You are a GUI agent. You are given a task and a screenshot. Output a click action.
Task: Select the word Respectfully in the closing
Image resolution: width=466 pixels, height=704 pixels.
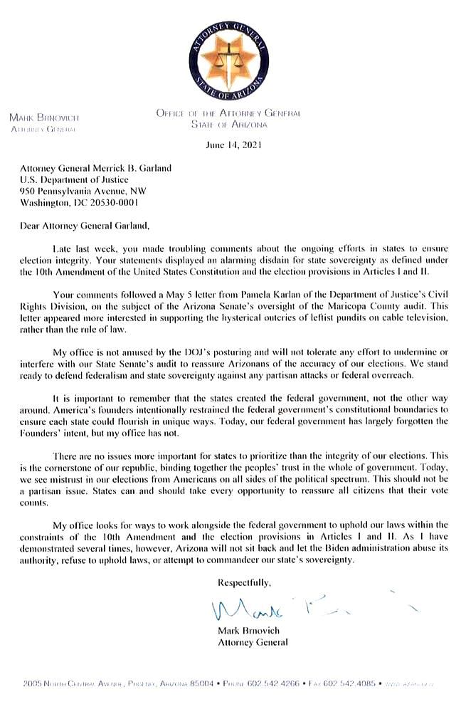click(x=245, y=582)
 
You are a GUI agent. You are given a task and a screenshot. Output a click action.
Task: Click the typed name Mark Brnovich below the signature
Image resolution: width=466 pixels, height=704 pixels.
click(x=247, y=631)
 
